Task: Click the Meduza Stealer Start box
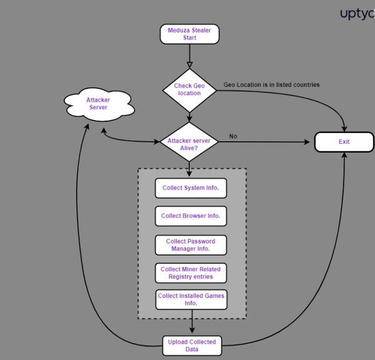[189, 34]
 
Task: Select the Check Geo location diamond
[189, 89]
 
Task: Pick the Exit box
[344, 142]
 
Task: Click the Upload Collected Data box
[191, 345]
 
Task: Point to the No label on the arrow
[233, 136]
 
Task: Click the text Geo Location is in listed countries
[271, 84]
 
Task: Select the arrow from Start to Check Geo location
[189, 56]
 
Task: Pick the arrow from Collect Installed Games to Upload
[191, 324]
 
